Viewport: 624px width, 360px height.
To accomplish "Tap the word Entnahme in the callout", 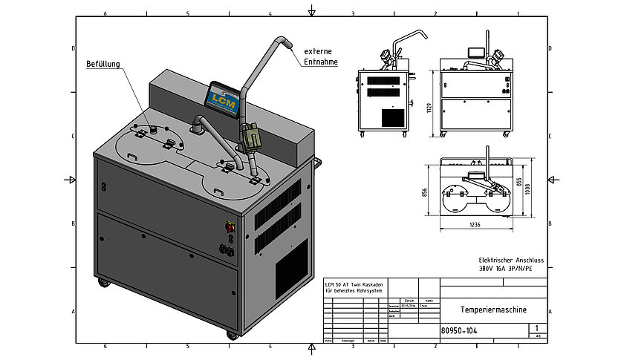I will (321, 62).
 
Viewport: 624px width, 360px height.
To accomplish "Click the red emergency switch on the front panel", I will (229, 226).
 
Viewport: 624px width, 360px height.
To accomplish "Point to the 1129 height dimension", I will (429, 109).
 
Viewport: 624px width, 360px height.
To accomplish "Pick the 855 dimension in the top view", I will (518, 182).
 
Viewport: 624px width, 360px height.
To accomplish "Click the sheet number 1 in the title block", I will (536, 327).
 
